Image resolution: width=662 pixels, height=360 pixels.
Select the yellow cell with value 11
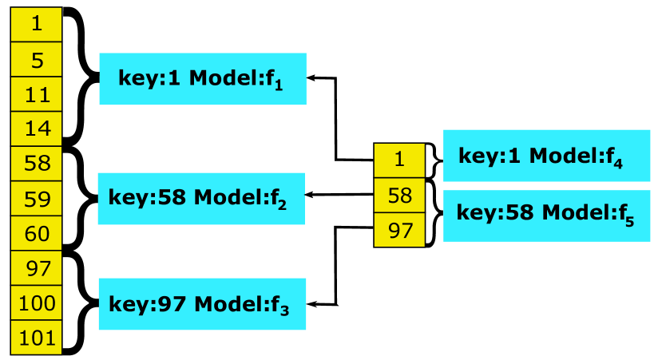(36, 95)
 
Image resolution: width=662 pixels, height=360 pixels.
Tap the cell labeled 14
(36, 129)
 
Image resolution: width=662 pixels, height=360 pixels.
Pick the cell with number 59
(36, 199)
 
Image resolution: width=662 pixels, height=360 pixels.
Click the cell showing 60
(36, 234)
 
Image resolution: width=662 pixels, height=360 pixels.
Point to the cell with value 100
(36, 303)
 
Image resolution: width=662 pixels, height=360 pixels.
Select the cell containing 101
(36, 338)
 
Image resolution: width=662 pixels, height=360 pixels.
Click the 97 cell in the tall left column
(36, 269)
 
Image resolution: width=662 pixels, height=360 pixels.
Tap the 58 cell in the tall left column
(36, 164)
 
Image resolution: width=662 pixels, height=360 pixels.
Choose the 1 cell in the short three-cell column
(399, 160)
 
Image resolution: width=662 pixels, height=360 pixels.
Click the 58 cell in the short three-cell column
(399, 195)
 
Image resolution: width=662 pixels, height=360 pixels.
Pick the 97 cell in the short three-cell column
(399, 230)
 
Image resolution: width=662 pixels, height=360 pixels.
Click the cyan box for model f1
(202, 78)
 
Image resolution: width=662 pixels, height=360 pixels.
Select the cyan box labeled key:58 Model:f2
(201, 198)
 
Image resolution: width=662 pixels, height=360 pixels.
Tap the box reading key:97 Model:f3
(202, 304)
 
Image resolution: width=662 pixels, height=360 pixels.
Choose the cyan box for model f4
(546, 156)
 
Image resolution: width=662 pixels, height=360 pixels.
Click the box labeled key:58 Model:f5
(546, 216)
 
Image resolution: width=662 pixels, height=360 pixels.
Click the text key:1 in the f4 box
(489, 156)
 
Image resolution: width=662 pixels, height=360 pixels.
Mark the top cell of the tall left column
(36, 24)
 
